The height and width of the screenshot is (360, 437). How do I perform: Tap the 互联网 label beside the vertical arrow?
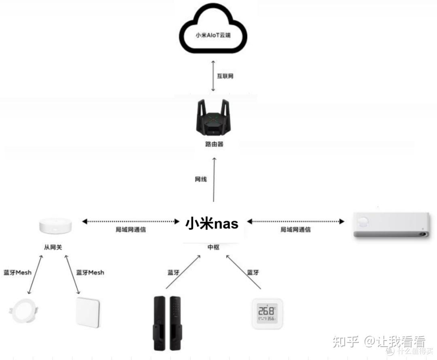click(x=225, y=76)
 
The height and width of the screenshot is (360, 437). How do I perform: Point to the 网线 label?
click(x=201, y=179)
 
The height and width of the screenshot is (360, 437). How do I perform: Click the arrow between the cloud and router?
click(x=214, y=76)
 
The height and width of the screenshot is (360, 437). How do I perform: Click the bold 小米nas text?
click(x=212, y=223)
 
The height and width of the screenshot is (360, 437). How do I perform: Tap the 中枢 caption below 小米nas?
click(x=213, y=247)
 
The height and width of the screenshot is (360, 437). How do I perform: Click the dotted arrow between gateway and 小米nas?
click(x=131, y=221)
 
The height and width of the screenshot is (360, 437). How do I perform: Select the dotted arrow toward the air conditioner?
click(x=295, y=221)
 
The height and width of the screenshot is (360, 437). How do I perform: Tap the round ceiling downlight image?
click(x=24, y=311)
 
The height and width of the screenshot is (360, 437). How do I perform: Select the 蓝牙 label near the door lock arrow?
click(x=174, y=273)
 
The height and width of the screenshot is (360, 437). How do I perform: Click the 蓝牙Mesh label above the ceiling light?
click(x=17, y=273)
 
